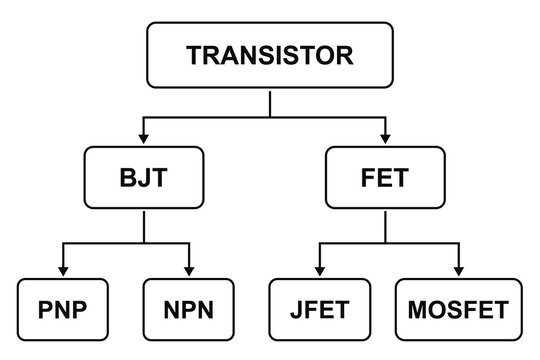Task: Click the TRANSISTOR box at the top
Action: point(269,54)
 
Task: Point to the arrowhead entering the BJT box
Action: point(144,137)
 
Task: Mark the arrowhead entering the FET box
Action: point(385,137)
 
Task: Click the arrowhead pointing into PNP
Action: point(62,271)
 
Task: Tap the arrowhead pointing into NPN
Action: point(187,271)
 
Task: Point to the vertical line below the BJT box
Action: point(144,227)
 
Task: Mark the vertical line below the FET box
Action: point(385,227)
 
